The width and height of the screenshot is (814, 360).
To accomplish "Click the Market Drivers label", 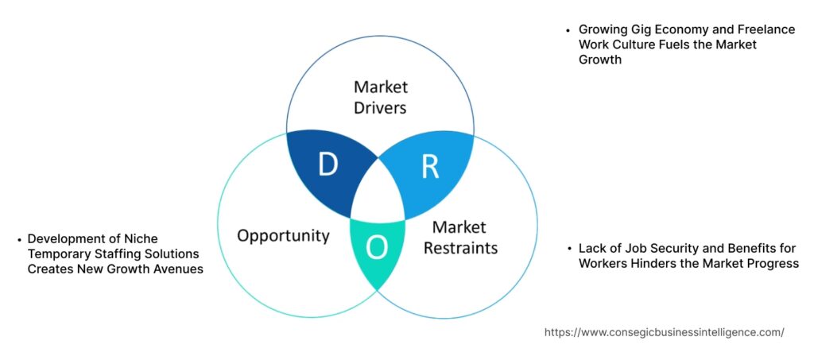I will [380, 95].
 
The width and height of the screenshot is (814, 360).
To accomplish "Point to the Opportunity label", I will [283, 235].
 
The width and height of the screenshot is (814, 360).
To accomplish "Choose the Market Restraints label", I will [460, 238].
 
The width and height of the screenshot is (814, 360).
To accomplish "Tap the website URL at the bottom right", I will [664, 332].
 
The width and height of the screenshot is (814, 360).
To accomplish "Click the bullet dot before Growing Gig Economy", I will [568, 29].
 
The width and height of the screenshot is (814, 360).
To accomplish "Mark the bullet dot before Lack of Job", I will [569, 249].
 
